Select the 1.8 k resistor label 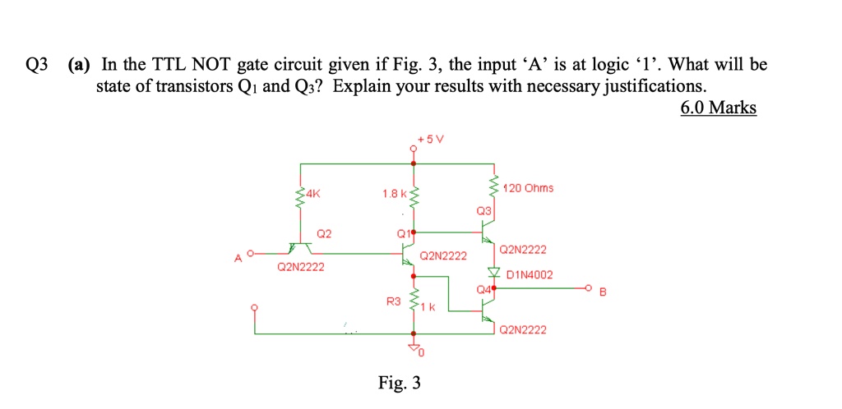coord(395,194)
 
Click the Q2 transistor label coord(324,234)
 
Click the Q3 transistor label coord(483,212)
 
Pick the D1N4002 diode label coord(530,275)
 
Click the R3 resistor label coord(394,301)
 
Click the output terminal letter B coord(602,292)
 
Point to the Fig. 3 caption coord(400,383)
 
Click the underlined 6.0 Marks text coord(719,108)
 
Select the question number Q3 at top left coord(36,66)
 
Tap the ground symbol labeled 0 coord(414,349)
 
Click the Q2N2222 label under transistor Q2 coord(301,266)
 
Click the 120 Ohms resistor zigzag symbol coord(493,189)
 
